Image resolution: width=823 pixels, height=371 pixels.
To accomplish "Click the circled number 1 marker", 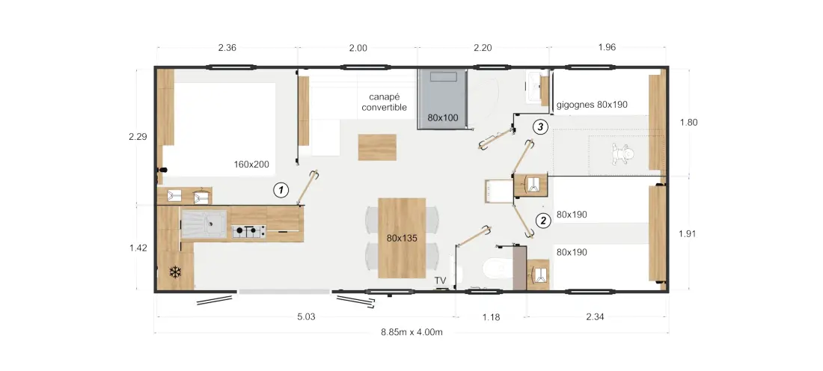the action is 281,190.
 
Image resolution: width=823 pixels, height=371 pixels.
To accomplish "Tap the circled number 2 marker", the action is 542,221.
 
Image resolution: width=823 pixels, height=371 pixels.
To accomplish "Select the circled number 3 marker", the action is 540,126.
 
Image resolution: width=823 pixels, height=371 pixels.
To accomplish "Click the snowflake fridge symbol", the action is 175,272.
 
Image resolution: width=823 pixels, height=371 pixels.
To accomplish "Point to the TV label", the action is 440,280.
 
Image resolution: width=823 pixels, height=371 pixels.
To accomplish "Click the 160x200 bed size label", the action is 251,165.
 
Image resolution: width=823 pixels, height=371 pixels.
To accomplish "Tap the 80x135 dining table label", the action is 402,238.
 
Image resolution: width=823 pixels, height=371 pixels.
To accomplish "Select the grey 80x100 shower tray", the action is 442,99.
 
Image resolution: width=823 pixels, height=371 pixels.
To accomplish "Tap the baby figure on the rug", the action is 622,154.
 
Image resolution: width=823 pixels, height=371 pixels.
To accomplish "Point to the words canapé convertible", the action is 385,102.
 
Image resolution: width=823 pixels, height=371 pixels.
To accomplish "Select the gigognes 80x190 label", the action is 592,105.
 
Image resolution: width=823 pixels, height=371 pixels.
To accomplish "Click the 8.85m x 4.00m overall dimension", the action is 412,332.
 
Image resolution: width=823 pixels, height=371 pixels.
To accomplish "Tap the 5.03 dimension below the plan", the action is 307,317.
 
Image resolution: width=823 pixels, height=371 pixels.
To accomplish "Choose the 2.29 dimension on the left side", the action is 138,137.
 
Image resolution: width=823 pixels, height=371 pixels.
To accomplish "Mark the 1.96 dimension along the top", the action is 607,47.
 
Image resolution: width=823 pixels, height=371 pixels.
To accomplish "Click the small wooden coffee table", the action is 377,147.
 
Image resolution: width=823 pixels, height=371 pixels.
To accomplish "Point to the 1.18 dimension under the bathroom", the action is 491,317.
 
